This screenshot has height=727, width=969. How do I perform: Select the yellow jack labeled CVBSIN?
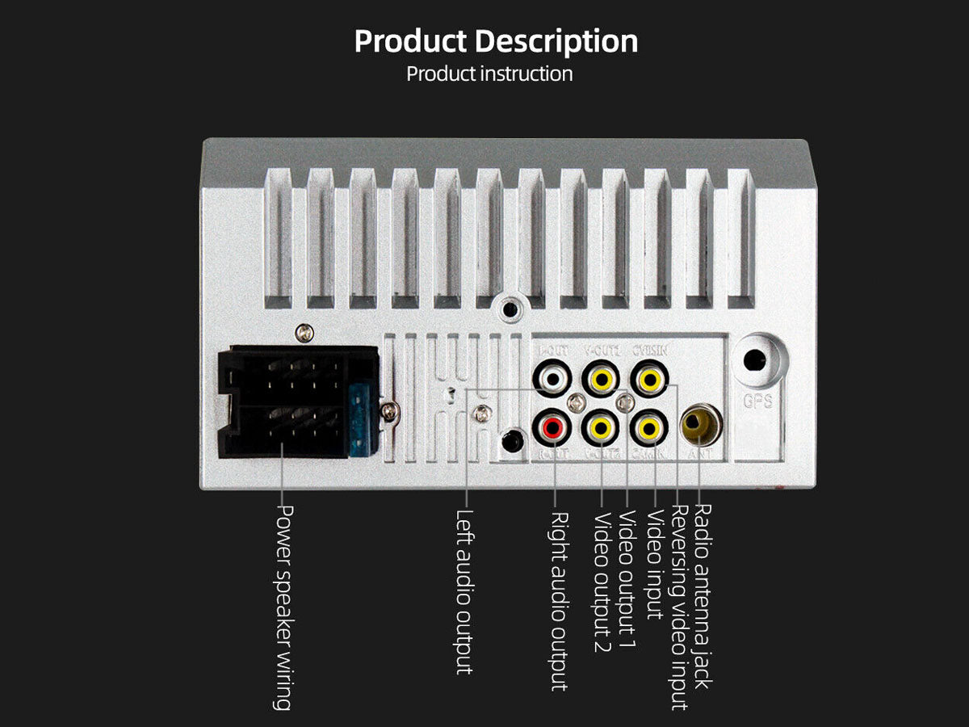pyautogui.click(x=650, y=378)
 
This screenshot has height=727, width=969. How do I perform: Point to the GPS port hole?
pyautogui.click(x=756, y=360)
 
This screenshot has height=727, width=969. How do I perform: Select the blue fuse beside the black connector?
pyautogui.click(x=361, y=420)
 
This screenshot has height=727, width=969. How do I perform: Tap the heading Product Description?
pyautogui.click(x=496, y=41)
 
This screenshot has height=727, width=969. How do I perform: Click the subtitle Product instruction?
pyautogui.click(x=489, y=74)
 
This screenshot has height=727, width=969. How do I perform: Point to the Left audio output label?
pyautogui.click(x=464, y=591)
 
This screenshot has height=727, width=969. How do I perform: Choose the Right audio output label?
pyautogui.click(x=558, y=601)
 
